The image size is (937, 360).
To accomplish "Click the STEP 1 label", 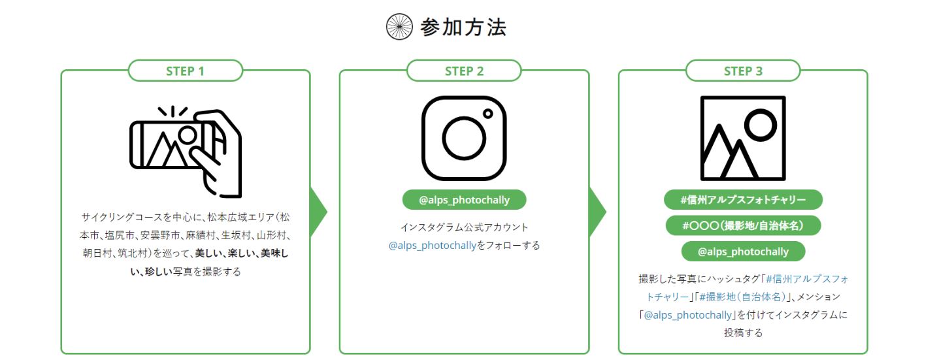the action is [186, 71].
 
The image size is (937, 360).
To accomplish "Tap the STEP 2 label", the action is [465, 71].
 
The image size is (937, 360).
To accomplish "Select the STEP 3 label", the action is [744, 71].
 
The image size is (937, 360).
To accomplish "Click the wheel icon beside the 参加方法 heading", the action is [399, 27].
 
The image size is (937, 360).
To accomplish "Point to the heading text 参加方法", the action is [463, 27].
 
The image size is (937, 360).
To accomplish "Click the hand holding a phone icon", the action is [186, 152].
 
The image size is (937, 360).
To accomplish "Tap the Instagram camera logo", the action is [465, 139].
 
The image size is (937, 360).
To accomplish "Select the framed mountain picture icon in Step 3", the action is [744, 139].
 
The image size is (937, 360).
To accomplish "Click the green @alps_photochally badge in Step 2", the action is [465, 200].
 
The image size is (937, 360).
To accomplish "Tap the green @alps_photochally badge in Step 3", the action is [744, 252].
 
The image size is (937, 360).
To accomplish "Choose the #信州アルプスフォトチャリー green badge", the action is [744, 200].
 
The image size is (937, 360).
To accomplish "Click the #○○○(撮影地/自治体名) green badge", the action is [744, 226].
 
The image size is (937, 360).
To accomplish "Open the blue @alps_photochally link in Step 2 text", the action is [433, 246].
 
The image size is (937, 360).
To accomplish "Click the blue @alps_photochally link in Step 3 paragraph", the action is [687, 315].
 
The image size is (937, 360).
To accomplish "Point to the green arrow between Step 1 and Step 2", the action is [318, 212].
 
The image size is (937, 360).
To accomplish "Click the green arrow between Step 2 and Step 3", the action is [597, 212].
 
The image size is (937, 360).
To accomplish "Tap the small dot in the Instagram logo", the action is [487, 114].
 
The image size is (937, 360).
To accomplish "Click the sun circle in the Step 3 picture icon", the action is [761, 125].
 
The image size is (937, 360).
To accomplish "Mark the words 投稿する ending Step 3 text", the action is [744, 333].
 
